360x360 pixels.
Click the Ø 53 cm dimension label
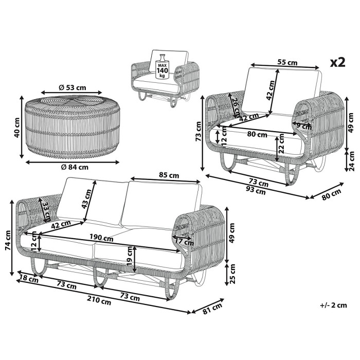[x=73, y=87]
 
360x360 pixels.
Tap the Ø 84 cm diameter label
[x=75, y=167]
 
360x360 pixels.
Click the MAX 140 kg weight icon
[x=163, y=67]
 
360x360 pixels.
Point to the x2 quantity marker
[x=338, y=62]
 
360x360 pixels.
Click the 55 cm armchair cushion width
[x=287, y=62]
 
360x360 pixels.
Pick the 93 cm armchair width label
[x=256, y=190]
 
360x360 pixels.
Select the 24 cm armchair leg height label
[x=351, y=161]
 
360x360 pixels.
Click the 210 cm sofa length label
[x=99, y=300]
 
